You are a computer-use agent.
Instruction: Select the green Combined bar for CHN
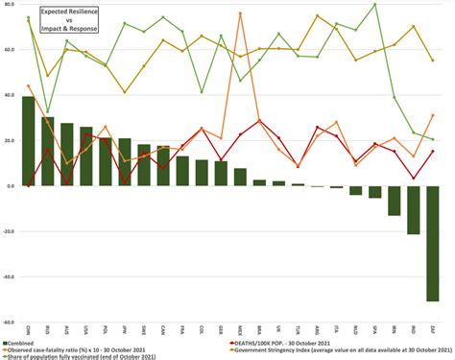click(29, 140)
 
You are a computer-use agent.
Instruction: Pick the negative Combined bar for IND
click(414, 208)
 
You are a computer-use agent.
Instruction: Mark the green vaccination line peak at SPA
click(374, 5)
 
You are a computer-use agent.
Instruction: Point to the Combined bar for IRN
click(395, 200)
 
